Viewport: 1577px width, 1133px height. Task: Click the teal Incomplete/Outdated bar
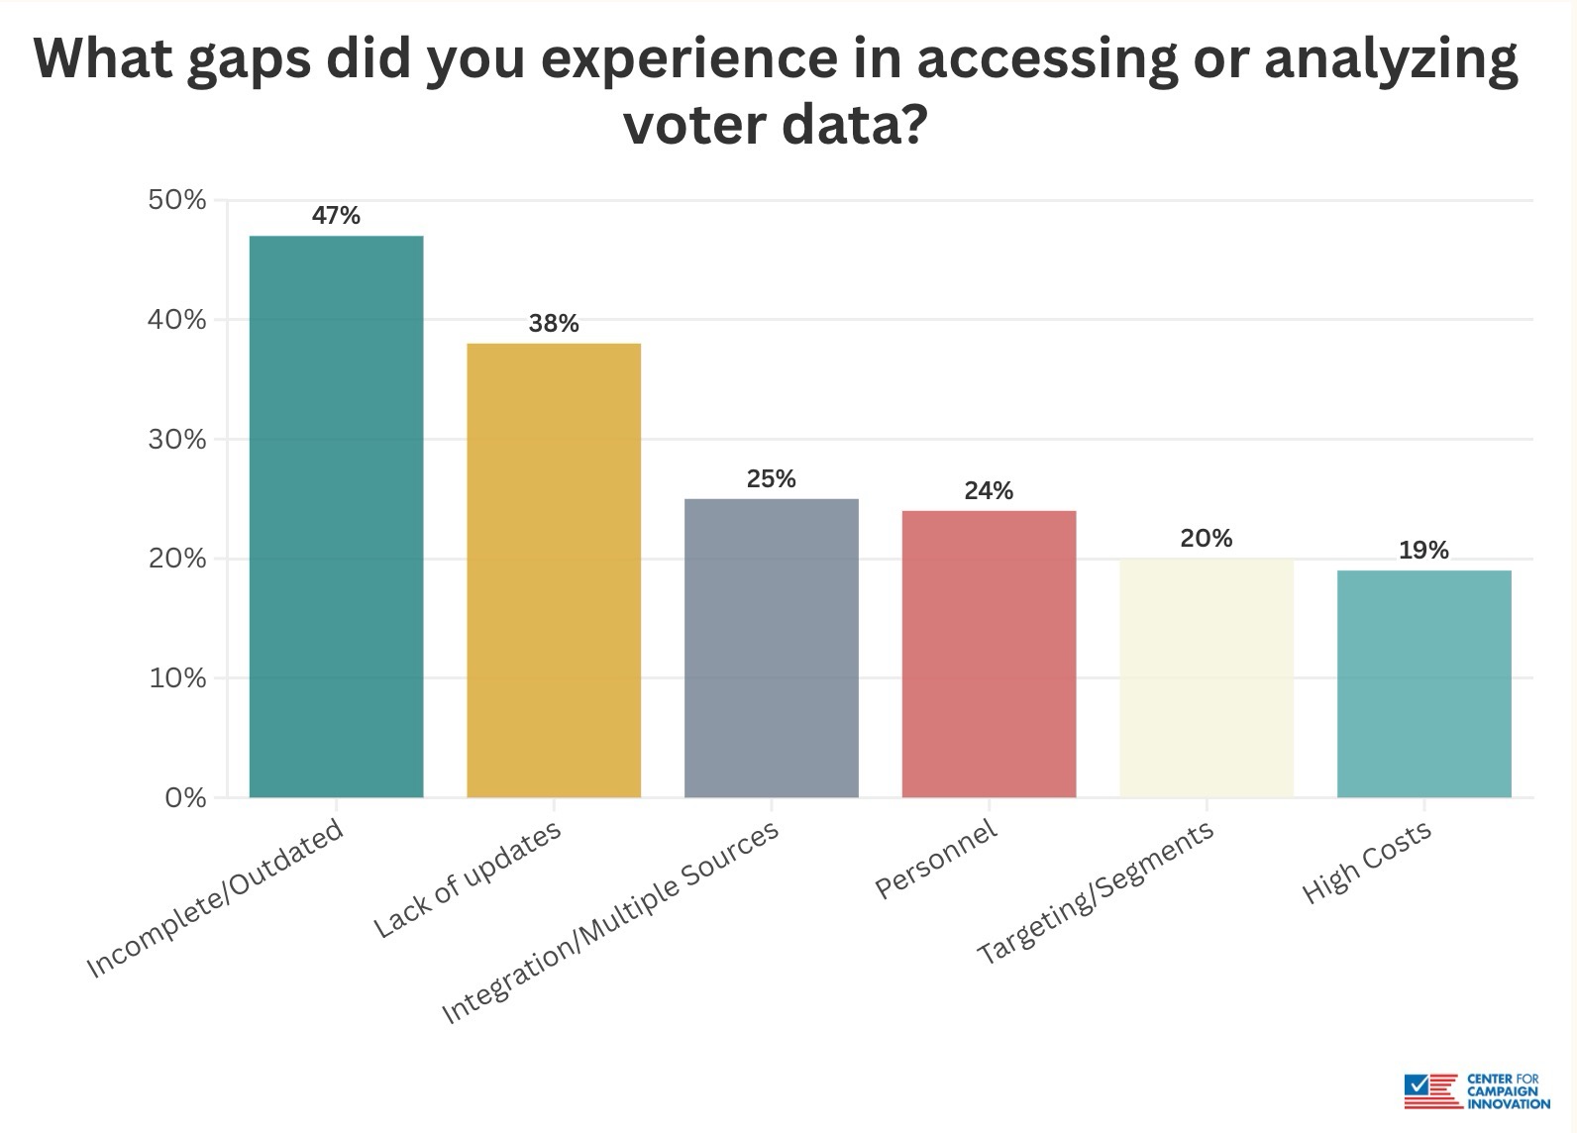(336, 516)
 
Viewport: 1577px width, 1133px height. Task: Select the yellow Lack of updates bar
(554, 569)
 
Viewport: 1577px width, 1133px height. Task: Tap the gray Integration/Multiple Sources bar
(772, 648)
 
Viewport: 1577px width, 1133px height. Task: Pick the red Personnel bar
(989, 654)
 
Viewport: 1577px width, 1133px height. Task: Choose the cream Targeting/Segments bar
(1207, 677)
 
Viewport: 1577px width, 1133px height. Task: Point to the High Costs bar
(1423, 683)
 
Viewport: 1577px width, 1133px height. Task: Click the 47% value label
(336, 215)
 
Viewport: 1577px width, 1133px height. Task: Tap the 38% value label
(554, 323)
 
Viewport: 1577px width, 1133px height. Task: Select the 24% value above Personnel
(989, 490)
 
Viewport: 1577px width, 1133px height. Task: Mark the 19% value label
(1423, 550)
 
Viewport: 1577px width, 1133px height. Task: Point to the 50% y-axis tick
(177, 200)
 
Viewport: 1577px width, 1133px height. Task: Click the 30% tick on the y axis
(177, 439)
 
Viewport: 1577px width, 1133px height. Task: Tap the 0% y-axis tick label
(185, 797)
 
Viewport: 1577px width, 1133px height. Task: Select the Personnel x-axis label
(936, 860)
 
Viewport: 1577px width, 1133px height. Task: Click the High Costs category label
(1367, 862)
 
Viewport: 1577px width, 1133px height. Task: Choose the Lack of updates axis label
(468, 879)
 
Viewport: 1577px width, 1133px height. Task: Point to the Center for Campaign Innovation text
(1508, 1089)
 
